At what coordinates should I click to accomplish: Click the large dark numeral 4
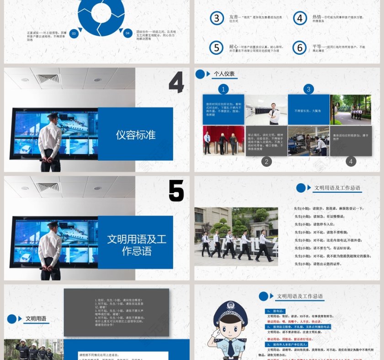click(x=176, y=82)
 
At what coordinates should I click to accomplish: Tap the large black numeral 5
click(x=176, y=191)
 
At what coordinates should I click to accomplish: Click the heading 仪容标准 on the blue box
click(x=136, y=135)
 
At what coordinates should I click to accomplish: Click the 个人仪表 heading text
click(x=224, y=74)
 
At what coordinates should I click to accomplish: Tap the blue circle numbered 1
click(x=224, y=89)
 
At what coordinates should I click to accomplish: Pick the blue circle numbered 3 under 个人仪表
click(x=309, y=89)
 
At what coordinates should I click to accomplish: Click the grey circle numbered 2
click(x=267, y=161)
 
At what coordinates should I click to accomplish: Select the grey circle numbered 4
click(x=351, y=161)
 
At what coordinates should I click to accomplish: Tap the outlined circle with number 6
click(x=299, y=48)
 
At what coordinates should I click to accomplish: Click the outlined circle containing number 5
click(x=217, y=48)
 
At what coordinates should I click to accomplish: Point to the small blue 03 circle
click(x=74, y=33)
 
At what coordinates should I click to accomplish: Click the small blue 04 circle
click(x=128, y=33)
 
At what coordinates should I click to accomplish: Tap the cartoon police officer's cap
click(x=230, y=310)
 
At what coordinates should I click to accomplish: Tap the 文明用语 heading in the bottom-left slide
click(x=36, y=319)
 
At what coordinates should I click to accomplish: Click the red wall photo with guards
click(x=224, y=141)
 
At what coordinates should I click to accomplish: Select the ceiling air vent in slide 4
click(x=48, y=78)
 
